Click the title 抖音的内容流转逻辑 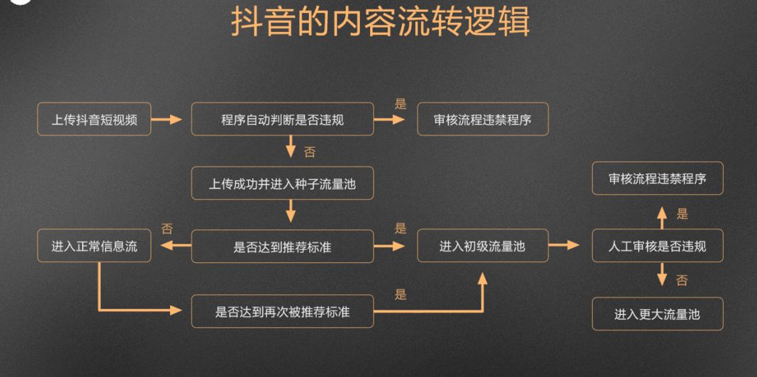(380, 23)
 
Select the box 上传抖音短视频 (94, 120)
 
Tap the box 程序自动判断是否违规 (282, 120)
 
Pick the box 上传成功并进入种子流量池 (282, 184)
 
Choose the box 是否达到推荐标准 (282, 247)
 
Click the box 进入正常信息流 (94, 247)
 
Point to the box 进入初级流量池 (482, 247)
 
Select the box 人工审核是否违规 (657, 247)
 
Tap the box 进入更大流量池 (657, 313)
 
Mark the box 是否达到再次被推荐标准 (282, 311)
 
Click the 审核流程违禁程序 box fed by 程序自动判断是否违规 (482, 120)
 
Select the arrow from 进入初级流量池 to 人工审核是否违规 (564, 246)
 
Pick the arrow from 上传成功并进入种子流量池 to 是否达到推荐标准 (290, 211)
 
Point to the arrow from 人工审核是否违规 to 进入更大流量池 (662, 275)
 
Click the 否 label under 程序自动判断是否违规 (310, 152)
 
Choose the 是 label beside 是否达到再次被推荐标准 (400, 294)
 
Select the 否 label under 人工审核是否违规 (682, 281)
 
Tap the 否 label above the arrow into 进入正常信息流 (167, 228)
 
